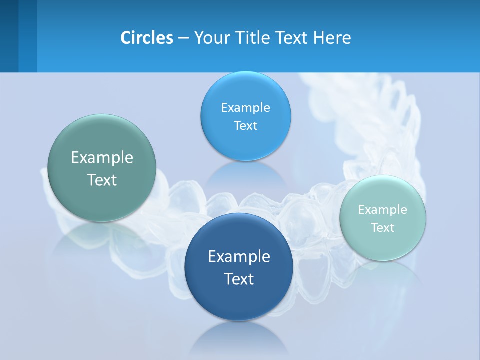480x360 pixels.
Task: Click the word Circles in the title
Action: point(147,37)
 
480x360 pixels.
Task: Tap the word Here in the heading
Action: point(332,37)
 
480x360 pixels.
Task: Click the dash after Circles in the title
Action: point(183,38)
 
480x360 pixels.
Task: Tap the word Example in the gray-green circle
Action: point(102,158)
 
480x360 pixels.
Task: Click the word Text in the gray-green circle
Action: point(102,180)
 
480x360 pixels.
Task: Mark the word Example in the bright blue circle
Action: point(245,107)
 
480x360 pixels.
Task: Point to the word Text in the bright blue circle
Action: point(245,125)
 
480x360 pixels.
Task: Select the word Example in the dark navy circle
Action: point(239,257)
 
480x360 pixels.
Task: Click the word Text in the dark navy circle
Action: point(239,279)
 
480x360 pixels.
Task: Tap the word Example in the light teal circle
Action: point(383,210)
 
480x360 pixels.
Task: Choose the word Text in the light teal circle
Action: point(383,228)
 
